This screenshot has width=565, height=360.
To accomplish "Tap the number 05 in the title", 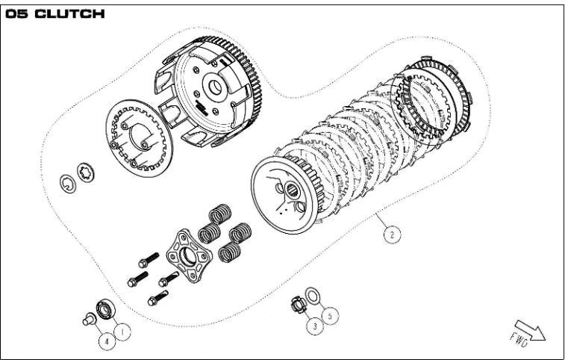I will (19, 14).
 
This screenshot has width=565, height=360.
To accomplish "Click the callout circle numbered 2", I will (390, 235).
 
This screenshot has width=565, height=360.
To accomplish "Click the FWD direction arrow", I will (529, 332).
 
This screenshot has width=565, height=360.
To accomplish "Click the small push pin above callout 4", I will (87, 319).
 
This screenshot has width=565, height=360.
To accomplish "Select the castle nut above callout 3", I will (299, 304).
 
